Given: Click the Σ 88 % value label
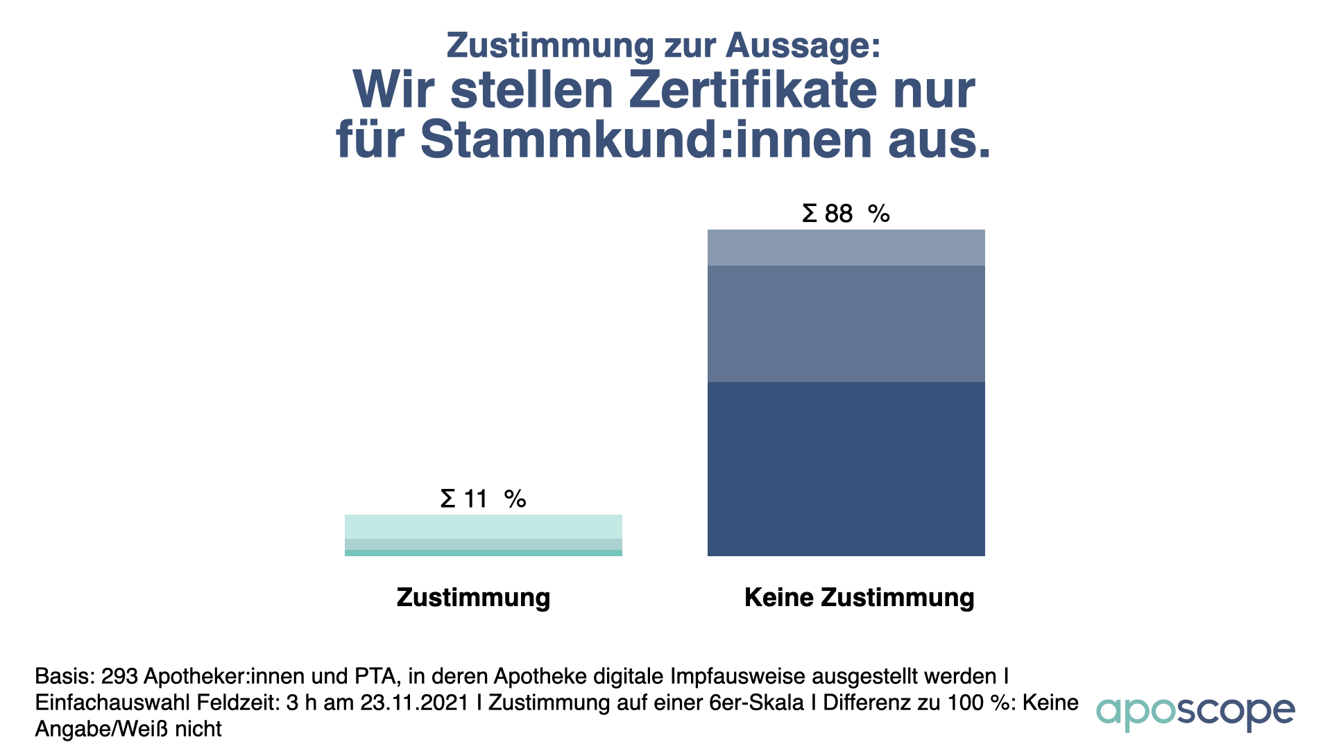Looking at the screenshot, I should [845, 214].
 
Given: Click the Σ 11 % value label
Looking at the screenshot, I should [483, 499].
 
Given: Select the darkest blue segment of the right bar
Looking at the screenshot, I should [846, 469].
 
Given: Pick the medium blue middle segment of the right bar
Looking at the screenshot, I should [846, 324].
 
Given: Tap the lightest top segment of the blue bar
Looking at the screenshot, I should [846, 248].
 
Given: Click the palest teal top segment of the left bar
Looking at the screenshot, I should [483, 526].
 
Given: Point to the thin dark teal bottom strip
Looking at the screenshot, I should [483, 553].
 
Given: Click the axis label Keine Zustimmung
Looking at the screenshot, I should [859, 597].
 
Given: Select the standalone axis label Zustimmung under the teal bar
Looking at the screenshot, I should [473, 597].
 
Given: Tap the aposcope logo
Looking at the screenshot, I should [1195, 712].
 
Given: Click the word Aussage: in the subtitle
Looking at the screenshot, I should [803, 46].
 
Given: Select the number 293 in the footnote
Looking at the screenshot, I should [119, 676].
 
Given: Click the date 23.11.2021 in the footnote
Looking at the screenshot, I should [415, 703].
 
